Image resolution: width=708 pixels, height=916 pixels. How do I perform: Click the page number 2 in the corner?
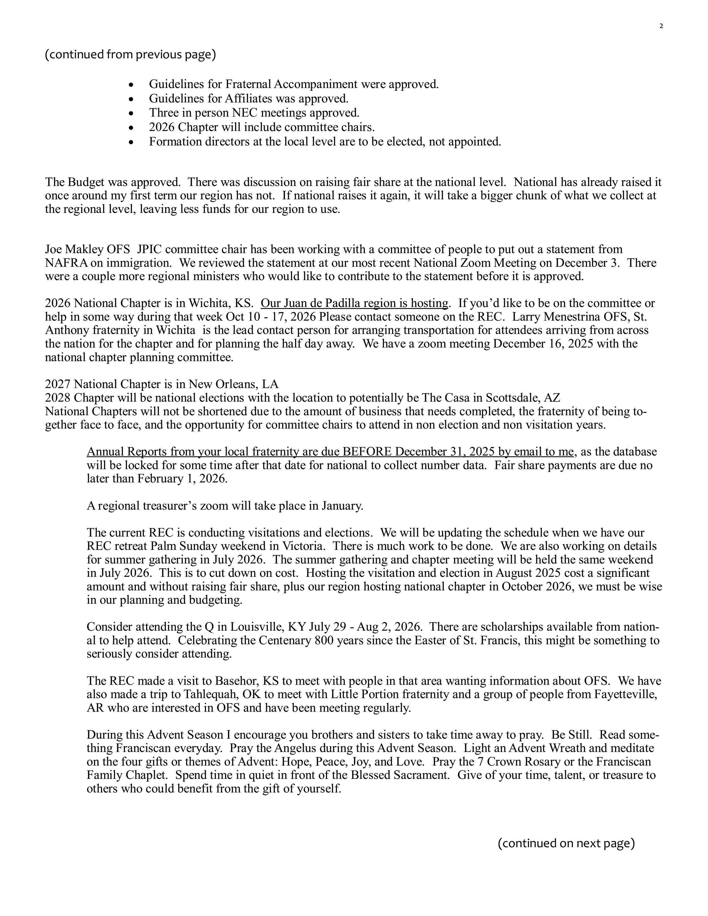coord(661,26)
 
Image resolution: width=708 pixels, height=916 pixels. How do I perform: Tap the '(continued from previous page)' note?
coord(130,54)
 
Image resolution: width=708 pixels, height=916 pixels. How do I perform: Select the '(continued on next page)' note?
coord(566,843)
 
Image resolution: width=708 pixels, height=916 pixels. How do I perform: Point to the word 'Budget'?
coord(82,182)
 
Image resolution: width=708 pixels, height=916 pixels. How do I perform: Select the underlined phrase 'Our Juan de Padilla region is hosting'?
coord(355,303)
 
